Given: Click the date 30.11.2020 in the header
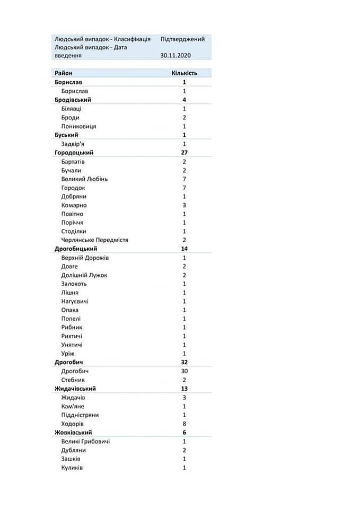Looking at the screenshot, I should [x=175, y=55].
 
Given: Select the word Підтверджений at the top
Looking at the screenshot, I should [x=182, y=39].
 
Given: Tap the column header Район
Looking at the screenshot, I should [x=63, y=73].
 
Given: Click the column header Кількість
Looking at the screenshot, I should [x=185, y=73].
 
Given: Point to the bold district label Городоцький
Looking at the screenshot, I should [x=77, y=153].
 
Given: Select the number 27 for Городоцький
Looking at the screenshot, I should [x=185, y=153].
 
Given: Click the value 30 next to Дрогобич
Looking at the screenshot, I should [x=185, y=371].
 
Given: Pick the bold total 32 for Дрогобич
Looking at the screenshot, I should [x=185, y=363].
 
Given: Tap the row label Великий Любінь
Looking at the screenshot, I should [x=85, y=179].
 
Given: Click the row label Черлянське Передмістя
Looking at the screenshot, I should [x=95, y=240].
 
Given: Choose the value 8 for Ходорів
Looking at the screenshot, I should [x=185, y=424].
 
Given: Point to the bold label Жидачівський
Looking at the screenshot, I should [x=77, y=389].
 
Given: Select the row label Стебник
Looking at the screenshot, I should [x=74, y=380].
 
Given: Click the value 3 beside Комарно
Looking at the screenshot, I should [x=185, y=205].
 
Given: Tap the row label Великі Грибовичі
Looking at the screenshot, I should [x=86, y=441].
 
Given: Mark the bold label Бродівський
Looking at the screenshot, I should [x=73, y=100].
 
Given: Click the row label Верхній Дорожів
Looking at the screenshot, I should [x=85, y=258].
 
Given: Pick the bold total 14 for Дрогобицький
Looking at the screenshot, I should [x=185, y=249].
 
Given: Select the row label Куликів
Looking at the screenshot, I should [x=73, y=468].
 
